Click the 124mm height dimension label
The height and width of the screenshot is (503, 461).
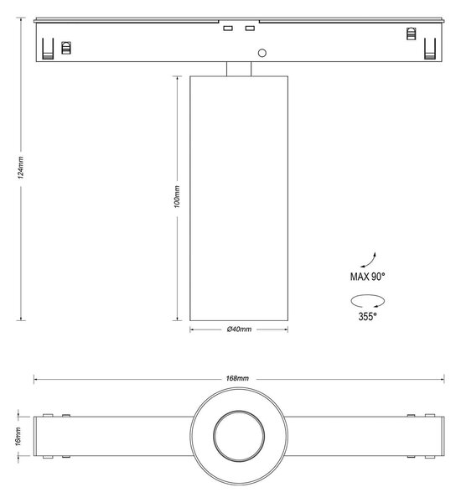[x=20, y=168]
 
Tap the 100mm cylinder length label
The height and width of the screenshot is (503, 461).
[x=177, y=196]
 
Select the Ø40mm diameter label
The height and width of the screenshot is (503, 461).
[x=239, y=329]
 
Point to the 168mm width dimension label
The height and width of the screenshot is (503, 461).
[x=237, y=378]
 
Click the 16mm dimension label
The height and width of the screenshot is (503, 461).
[x=18, y=436]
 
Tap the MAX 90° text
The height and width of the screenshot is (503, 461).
[x=367, y=277]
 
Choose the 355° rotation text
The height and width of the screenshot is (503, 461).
[x=367, y=317]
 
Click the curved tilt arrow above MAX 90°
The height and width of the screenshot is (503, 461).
[x=370, y=262]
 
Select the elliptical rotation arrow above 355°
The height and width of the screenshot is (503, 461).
[x=368, y=301]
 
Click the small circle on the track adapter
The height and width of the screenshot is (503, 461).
[x=262, y=53]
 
